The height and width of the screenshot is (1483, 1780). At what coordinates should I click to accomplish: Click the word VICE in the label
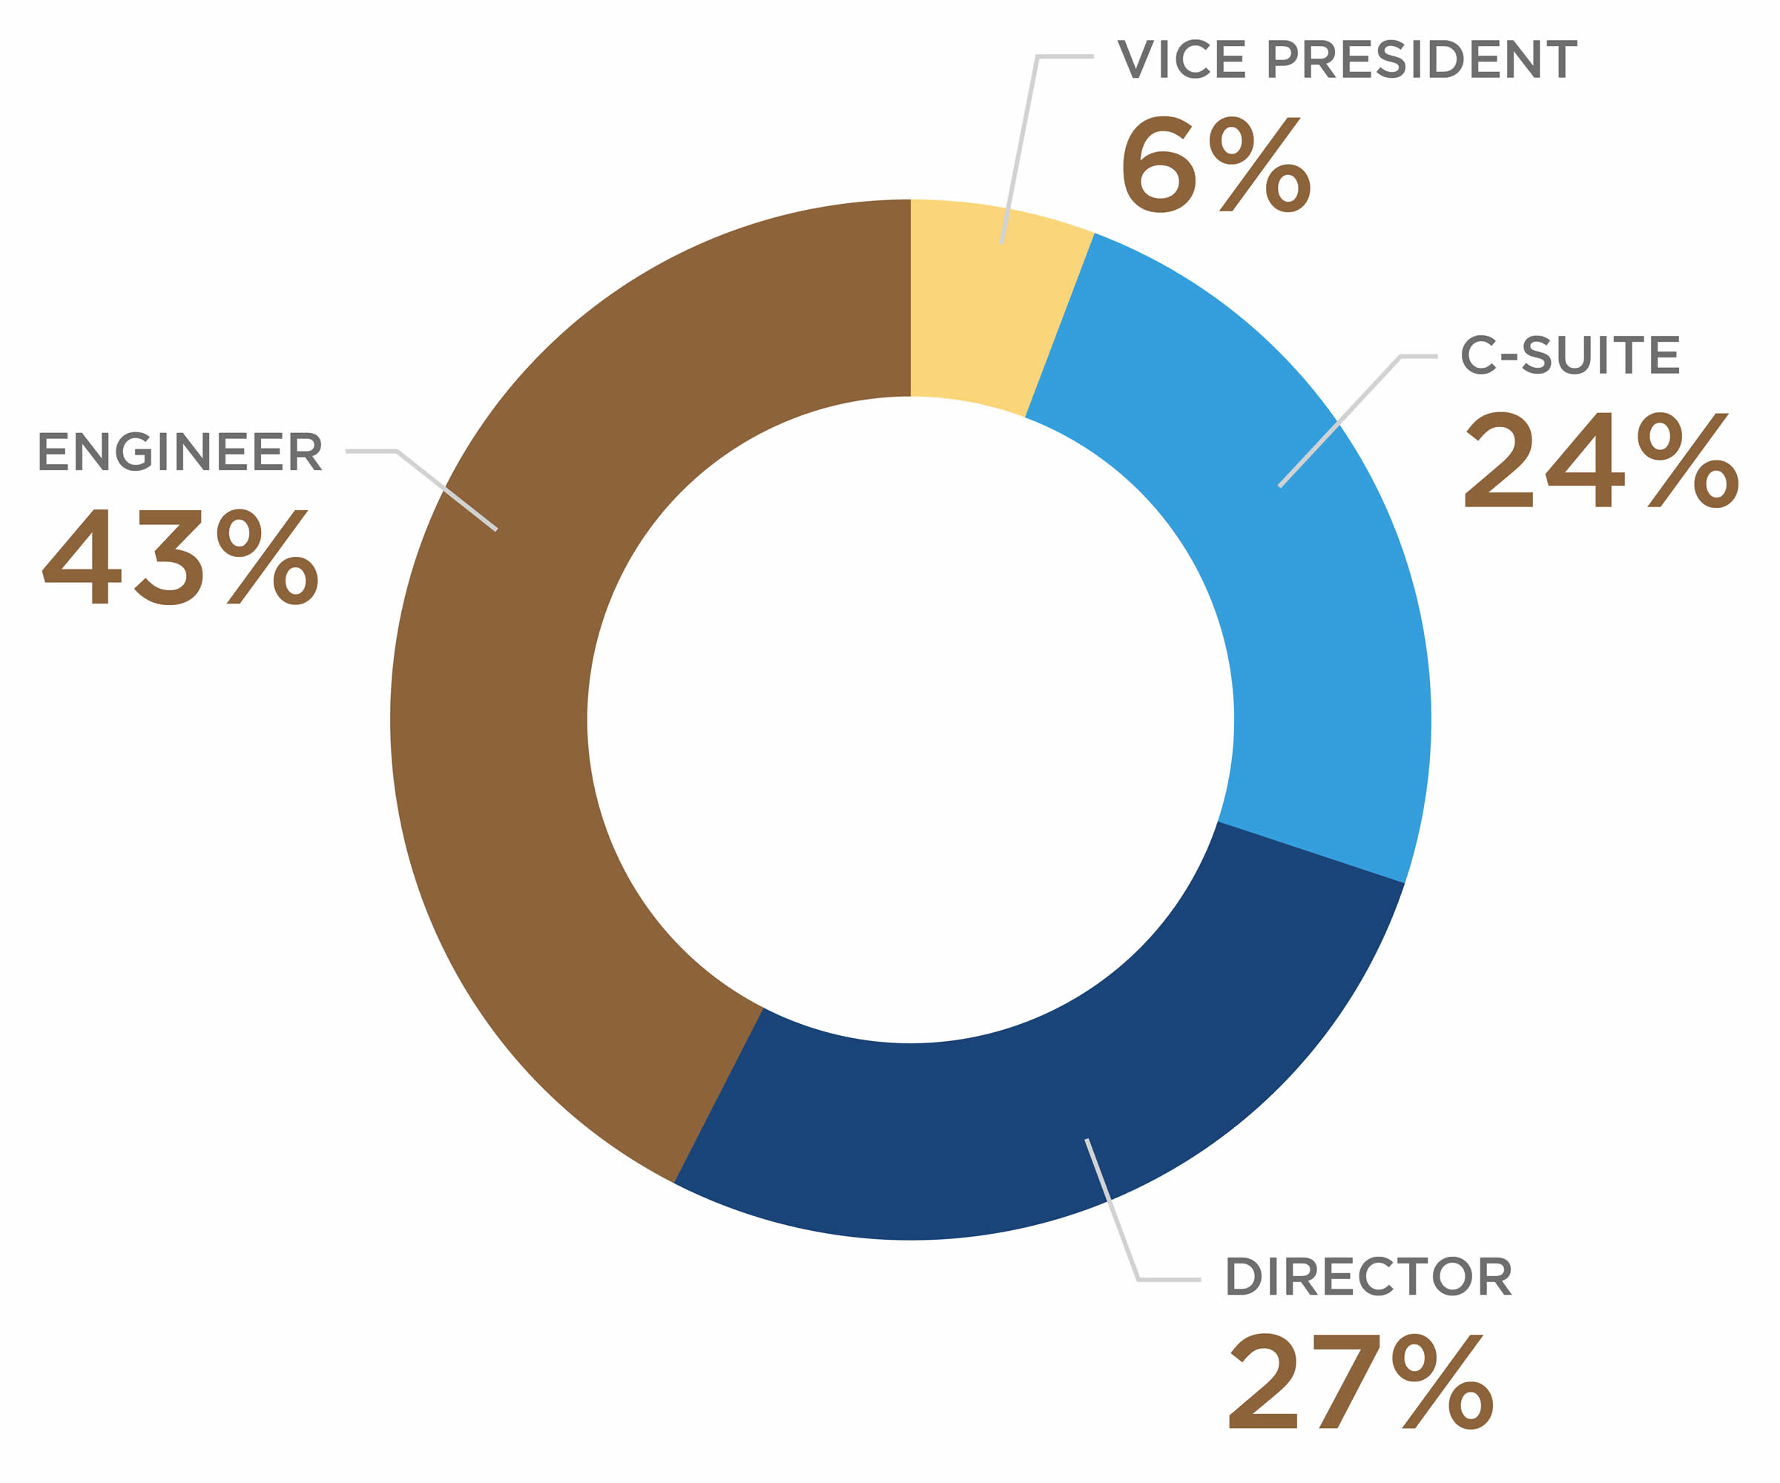tap(1181, 59)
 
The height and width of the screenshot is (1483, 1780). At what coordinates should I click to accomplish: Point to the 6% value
tap(1216, 165)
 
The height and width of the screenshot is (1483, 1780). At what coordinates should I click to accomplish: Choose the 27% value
tap(1360, 1381)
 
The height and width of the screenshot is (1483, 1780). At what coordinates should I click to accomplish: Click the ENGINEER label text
tap(179, 452)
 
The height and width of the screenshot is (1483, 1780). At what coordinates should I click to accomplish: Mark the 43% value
tap(179, 557)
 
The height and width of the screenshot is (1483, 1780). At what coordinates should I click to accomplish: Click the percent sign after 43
tap(267, 557)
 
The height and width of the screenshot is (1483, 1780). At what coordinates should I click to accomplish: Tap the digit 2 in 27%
tap(1262, 1381)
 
